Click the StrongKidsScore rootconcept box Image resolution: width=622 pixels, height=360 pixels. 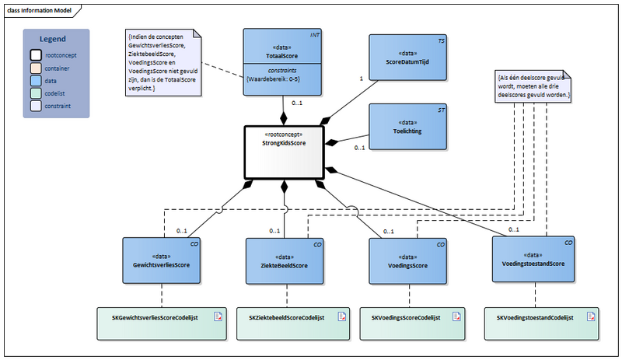284,152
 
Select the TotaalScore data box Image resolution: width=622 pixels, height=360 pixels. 284,62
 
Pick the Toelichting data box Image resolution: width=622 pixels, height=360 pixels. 408,126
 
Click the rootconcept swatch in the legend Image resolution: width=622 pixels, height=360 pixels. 36,55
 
